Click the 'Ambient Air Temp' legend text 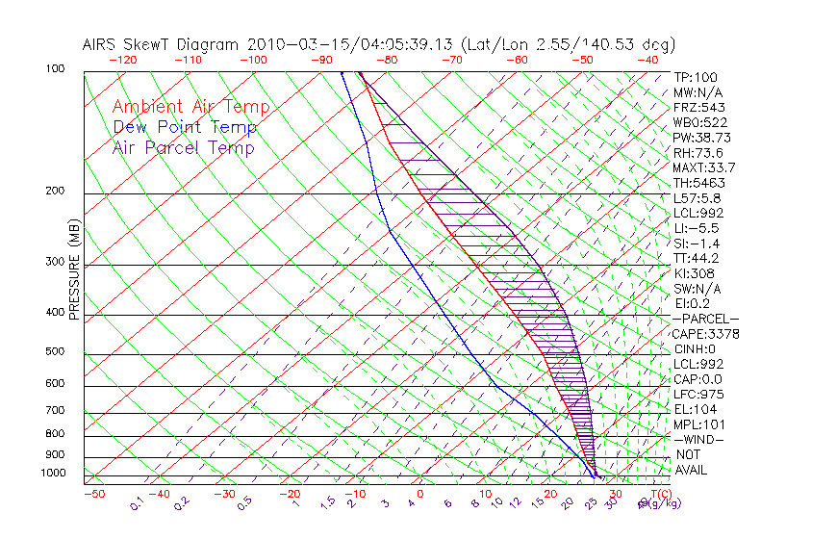click(190, 107)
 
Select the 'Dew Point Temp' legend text click(184, 127)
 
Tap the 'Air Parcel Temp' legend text click(183, 147)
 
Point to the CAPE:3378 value click(705, 334)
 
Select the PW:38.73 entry click(702, 138)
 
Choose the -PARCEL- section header click(705, 319)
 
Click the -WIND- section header click(699, 439)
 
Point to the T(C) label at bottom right click(656, 494)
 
